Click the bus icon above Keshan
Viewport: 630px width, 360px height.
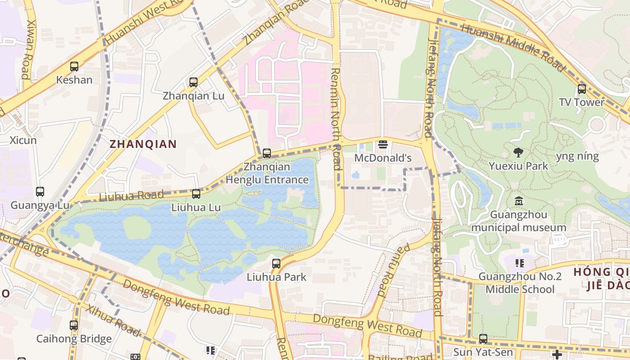point(74,67)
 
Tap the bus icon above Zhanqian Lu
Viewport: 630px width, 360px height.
point(193,82)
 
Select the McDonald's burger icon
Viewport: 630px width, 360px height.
point(383,144)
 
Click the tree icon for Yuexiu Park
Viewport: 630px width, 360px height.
point(518,152)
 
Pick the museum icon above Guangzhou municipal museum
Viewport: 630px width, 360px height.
point(518,201)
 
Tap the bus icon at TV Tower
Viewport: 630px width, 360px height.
point(582,89)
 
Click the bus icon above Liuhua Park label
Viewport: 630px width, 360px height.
point(276,264)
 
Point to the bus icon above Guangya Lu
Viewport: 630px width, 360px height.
point(40,192)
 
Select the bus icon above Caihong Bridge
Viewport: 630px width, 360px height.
point(74,325)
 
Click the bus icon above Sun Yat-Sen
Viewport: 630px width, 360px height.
point(483,338)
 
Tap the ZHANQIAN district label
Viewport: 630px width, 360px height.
point(143,144)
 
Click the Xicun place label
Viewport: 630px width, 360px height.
point(23,140)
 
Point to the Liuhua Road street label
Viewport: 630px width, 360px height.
point(131,196)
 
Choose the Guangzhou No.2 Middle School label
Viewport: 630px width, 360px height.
point(520,283)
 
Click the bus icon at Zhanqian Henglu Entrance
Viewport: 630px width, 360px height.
point(267,153)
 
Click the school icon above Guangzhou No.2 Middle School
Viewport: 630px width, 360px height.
point(520,263)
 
